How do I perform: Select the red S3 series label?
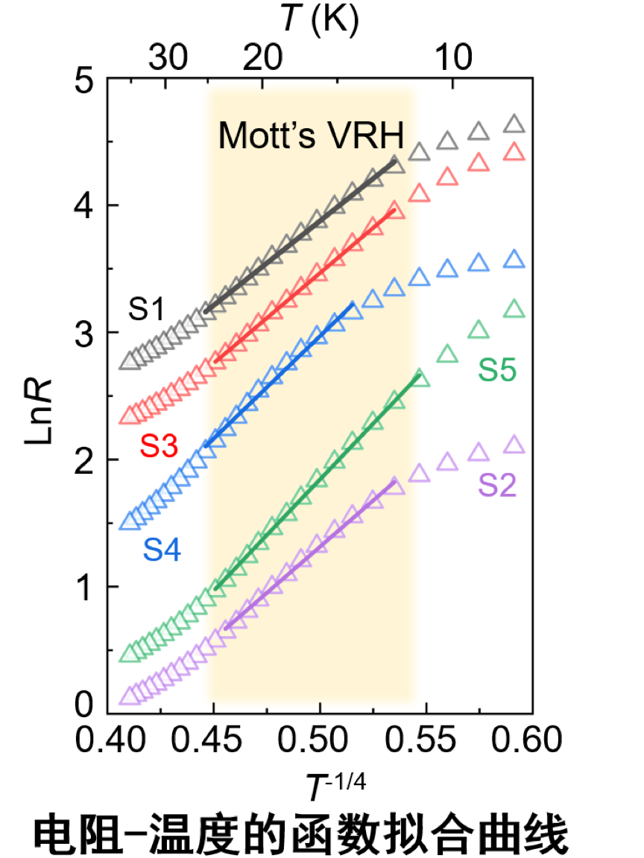pos(159,446)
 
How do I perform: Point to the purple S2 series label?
pos(498,486)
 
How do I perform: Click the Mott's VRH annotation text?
pos(311,136)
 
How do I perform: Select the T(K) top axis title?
pos(320,21)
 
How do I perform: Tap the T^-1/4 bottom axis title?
pos(338,786)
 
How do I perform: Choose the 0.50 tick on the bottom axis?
pos(320,741)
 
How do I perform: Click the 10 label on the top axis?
pos(452,57)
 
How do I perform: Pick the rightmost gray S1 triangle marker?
pos(514,124)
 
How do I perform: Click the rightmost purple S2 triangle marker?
pos(514,445)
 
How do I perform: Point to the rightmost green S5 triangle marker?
pos(514,308)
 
